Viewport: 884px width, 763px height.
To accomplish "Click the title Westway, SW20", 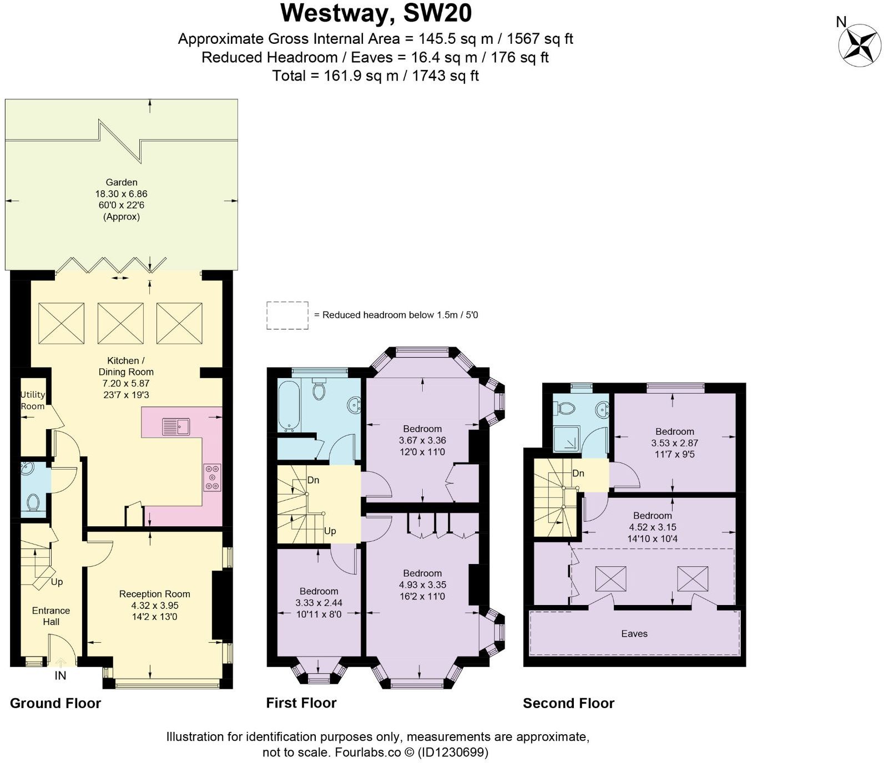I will (376, 13).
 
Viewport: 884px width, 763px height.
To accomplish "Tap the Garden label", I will (122, 182).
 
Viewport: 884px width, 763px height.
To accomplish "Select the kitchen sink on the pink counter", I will (176, 426).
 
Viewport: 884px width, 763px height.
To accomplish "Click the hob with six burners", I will (212, 477).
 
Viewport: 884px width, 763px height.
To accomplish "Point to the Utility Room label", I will (32, 400).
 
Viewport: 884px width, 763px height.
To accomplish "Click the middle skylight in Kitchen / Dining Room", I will (120, 323).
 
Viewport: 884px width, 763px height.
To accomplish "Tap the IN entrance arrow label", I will (60, 675).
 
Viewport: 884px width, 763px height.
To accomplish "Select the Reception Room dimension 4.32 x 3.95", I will (154, 606).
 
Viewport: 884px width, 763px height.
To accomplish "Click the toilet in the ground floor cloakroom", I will (33, 502).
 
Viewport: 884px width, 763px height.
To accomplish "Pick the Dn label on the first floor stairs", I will (313, 480).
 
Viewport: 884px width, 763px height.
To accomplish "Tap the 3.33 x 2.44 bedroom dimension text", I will (319, 603).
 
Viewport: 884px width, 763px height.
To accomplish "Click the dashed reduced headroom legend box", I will (287, 316).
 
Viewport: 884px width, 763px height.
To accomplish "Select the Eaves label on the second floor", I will (634, 634).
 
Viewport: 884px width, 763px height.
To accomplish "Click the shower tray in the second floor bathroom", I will (567, 438).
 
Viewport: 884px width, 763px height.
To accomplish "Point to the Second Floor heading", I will (568, 703).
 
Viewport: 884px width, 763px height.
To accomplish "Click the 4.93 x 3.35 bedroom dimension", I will (422, 585).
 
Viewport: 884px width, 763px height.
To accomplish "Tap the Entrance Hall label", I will (51, 616).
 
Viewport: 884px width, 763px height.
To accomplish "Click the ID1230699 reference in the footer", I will (453, 752).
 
